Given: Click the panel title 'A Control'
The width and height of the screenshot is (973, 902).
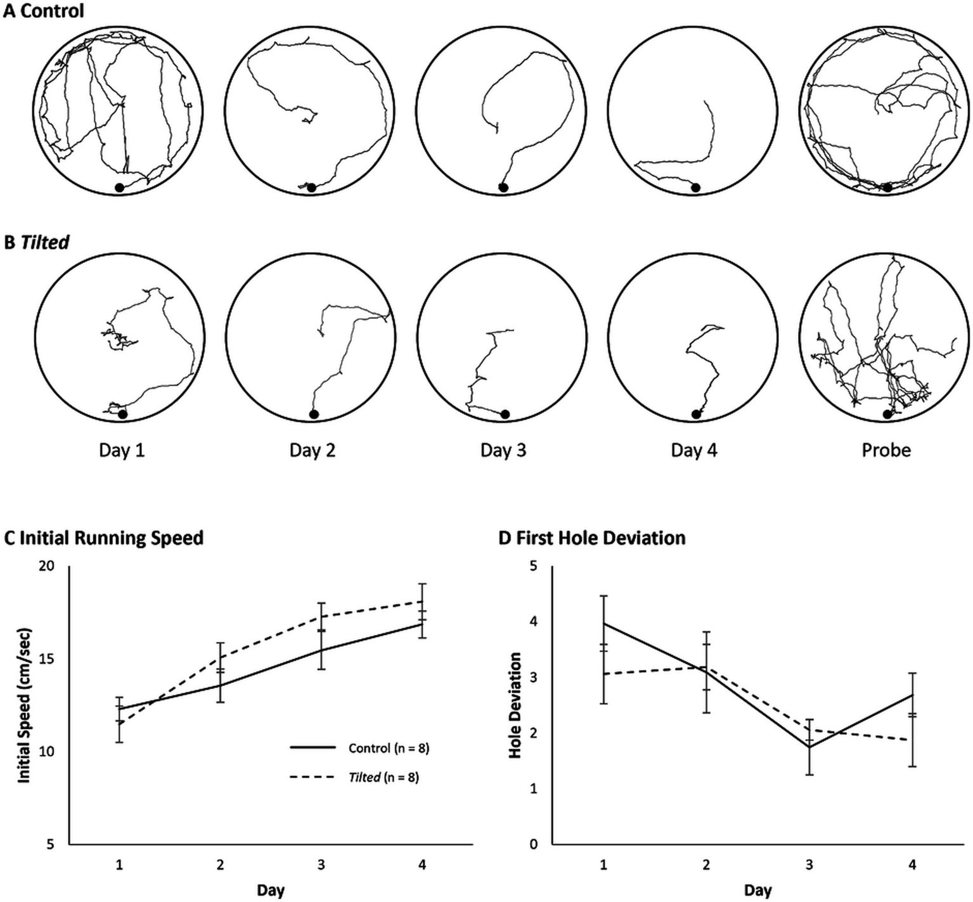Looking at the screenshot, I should tap(43, 11).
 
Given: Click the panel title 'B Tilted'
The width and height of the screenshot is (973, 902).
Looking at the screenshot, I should tap(36, 242).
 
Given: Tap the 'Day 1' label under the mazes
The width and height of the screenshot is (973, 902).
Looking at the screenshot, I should tap(122, 450).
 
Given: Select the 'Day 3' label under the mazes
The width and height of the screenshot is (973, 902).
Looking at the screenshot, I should tap(503, 450).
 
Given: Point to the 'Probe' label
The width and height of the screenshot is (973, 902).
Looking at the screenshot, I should tap(886, 450).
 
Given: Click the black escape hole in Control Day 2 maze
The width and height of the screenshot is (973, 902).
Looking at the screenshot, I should tap(311, 187).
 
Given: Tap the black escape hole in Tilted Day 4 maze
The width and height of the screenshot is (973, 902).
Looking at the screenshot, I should tap(695, 415).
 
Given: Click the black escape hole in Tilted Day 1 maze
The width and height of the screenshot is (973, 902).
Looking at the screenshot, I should tap(122, 415).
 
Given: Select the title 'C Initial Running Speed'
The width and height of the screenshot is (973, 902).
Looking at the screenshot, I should tap(104, 538).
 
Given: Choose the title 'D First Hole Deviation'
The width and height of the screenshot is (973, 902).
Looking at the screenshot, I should tap(592, 538).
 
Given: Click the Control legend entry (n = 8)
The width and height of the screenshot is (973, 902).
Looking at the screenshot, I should tap(389, 748).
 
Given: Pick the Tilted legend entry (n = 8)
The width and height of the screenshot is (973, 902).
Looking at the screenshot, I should tap(383, 777).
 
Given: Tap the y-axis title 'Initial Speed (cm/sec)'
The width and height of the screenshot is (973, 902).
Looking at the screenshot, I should tap(24, 705).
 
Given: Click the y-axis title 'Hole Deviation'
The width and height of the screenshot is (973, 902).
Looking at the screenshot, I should tap(515, 705).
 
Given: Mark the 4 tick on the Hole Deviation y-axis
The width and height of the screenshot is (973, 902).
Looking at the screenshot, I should tap(534, 622).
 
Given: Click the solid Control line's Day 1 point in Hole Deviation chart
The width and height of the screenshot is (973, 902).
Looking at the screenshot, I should tap(603, 624).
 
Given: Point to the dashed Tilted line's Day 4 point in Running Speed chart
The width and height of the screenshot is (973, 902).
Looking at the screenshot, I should tap(422, 602).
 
